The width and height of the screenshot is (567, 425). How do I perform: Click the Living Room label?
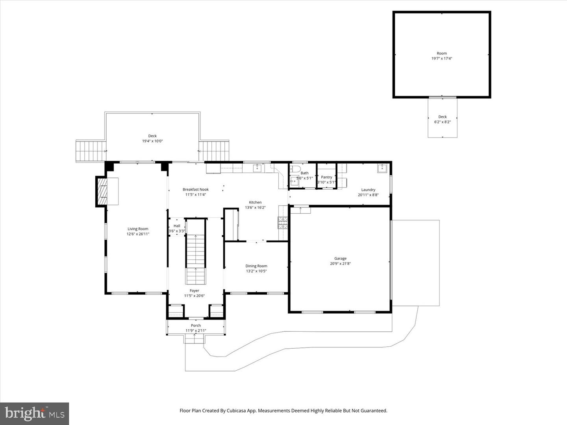(138, 229)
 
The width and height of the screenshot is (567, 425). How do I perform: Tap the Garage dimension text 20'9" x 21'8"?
(340, 264)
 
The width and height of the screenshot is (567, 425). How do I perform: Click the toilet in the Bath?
(295, 169)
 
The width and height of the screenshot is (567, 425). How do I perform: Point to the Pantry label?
(326, 177)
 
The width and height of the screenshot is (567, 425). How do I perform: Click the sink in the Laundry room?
(382, 169)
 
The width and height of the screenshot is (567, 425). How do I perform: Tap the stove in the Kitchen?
(283, 223)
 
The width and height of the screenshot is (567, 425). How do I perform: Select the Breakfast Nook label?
(195, 189)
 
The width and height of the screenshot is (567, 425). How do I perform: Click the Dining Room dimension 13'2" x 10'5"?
(256, 271)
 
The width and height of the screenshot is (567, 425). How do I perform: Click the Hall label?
(177, 226)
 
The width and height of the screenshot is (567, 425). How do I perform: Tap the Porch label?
(196, 325)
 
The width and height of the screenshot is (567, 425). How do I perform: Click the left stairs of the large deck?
(91, 151)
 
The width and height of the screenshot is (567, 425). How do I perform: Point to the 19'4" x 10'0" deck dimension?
(152, 141)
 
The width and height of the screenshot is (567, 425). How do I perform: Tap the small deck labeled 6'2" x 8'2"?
(443, 119)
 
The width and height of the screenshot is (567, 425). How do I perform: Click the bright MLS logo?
(35, 414)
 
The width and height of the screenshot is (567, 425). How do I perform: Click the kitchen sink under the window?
(258, 168)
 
